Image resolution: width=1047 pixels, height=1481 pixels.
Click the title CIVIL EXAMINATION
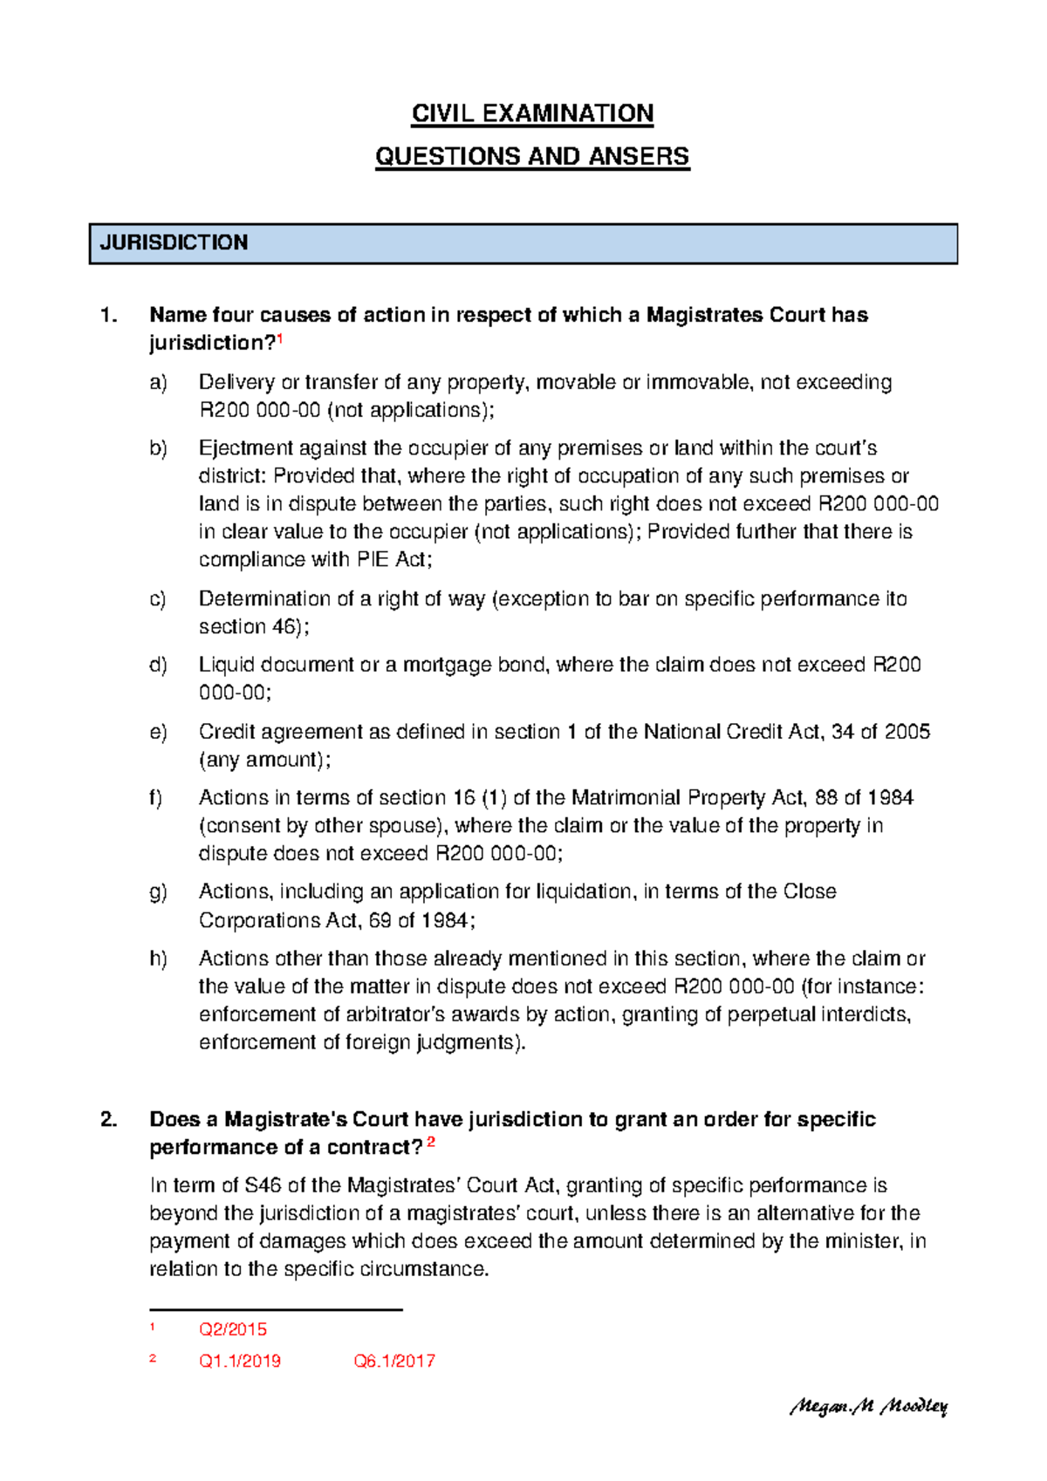(x=532, y=113)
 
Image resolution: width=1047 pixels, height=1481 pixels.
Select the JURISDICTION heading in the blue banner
(x=174, y=242)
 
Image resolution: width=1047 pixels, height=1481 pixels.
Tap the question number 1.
(x=108, y=315)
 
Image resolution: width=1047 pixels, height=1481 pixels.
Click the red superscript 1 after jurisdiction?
(x=280, y=338)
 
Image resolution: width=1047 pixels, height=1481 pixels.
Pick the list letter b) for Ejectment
(x=158, y=448)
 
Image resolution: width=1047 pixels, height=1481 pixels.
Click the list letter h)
(x=158, y=959)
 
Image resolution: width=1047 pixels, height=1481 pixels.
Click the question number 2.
(x=108, y=1119)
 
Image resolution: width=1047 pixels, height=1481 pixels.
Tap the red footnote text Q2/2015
(x=233, y=1330)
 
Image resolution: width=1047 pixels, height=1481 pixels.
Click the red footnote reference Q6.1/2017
(x=394, y=1362)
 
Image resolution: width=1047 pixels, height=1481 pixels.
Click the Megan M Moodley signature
(x=868, y=1406)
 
